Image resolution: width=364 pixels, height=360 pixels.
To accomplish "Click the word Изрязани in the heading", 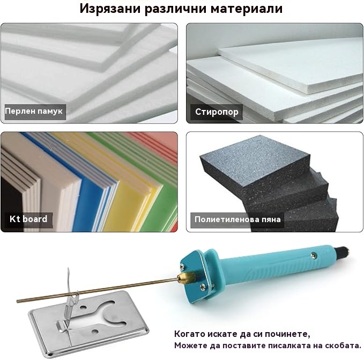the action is tap(110, 9).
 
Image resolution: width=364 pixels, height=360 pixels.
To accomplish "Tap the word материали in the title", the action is tap(247, 9).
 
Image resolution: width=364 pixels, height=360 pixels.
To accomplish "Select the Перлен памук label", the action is tap(34, 111).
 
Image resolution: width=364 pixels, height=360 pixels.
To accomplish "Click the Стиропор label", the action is tap(217, 112).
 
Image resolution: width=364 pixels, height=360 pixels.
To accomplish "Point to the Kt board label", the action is tap(28, 219).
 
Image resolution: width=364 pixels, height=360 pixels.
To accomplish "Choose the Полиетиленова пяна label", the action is tap(237, 219).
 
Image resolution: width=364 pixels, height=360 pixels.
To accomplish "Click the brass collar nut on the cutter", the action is tap(183, 278).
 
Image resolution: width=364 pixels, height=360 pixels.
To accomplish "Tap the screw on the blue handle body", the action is tap(314, 255).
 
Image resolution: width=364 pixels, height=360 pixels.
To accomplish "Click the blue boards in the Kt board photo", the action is tap(93, 186).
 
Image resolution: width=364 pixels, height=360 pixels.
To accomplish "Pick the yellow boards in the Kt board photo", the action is tap(130, 193).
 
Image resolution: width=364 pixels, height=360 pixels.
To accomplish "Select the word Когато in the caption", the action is tap(190, 334).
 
